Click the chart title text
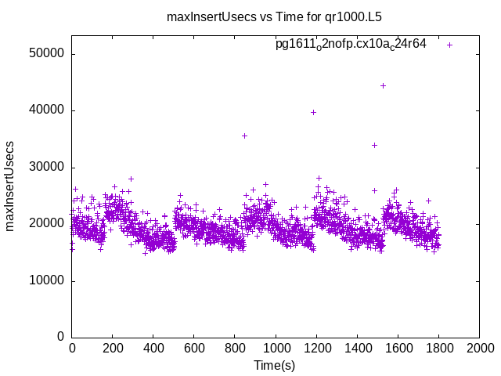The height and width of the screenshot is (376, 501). [250, 16]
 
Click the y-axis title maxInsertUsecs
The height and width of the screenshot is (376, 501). [10, 186]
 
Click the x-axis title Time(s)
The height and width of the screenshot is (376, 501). [274, 365]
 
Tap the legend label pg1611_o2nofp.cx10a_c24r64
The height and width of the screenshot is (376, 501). [351, 45]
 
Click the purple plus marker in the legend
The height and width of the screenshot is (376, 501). [449, 45]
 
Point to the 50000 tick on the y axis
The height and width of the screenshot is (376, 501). [47, 54]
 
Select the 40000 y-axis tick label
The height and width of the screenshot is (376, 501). [47, 110]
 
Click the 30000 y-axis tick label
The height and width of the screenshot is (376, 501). [47, 168]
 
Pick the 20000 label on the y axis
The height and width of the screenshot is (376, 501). [47, 224]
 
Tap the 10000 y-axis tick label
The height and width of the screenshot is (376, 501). [47, 280]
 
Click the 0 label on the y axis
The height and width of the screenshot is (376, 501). [60, 337]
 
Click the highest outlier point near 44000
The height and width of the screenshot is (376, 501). [383, 85]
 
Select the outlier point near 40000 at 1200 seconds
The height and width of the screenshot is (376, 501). [313, 112]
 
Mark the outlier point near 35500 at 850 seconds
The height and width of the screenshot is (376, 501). [244, 136]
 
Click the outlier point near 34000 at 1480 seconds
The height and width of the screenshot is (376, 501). [374, 145]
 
